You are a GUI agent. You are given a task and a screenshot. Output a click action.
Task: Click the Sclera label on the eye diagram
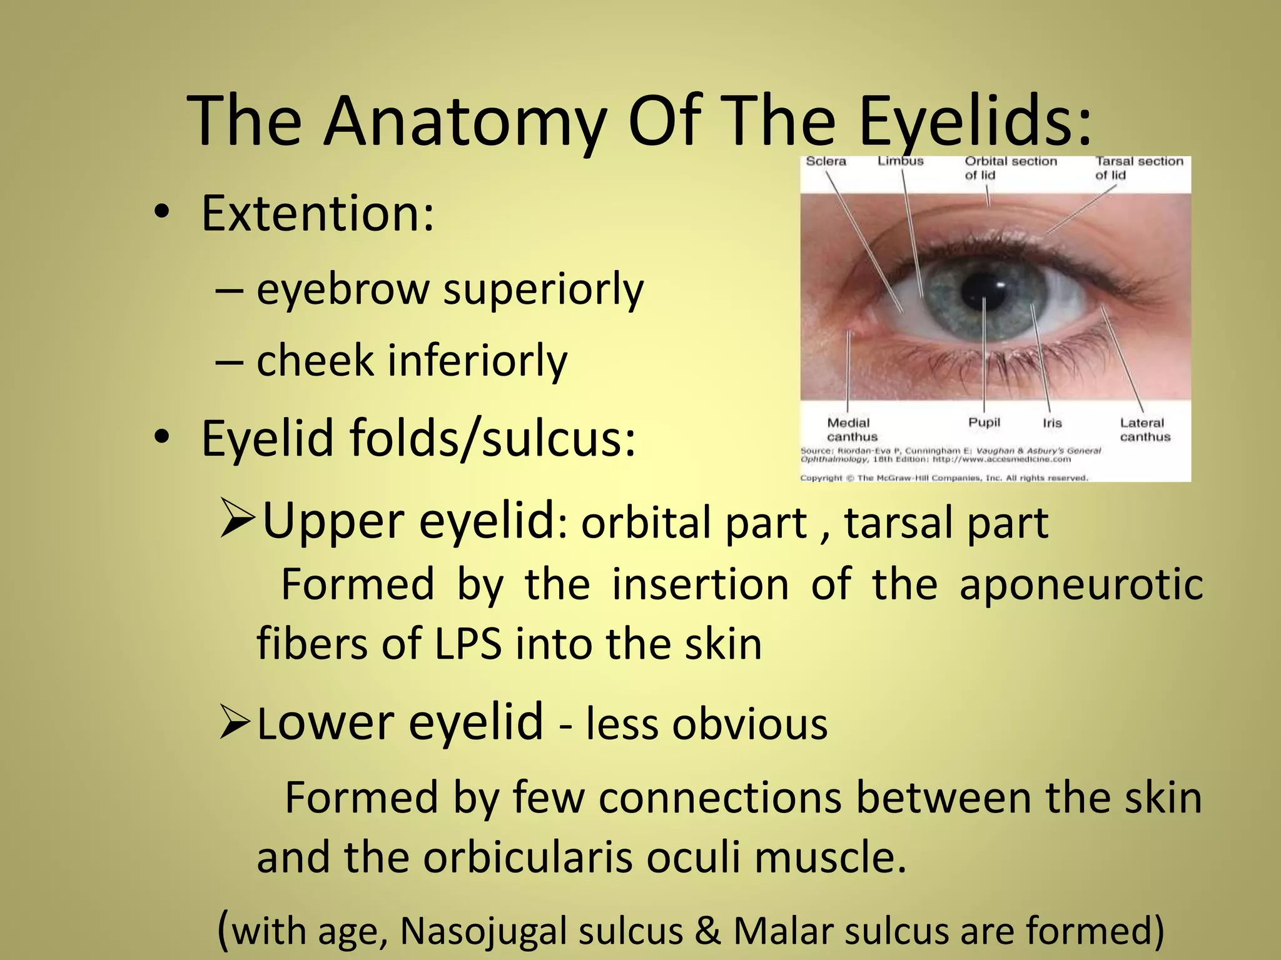coord(826,161)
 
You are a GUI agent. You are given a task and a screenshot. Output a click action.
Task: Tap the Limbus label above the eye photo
coord(900,161)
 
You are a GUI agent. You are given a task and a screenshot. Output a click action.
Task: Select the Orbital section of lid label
coord(1010,168)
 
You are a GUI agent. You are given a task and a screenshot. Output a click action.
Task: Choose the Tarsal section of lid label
coord(1139,168)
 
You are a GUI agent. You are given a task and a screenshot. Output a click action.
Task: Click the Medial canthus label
coord(851,430)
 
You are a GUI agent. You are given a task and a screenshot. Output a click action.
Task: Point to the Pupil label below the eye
coord(984,422)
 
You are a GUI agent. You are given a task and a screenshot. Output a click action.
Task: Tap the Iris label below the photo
coord(1052,423)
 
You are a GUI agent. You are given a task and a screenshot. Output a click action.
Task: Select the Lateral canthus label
coord(1144,430)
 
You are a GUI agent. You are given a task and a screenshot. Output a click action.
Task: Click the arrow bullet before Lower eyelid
coord(236,723)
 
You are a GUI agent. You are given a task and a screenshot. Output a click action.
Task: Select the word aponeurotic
coord(1081,585)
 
